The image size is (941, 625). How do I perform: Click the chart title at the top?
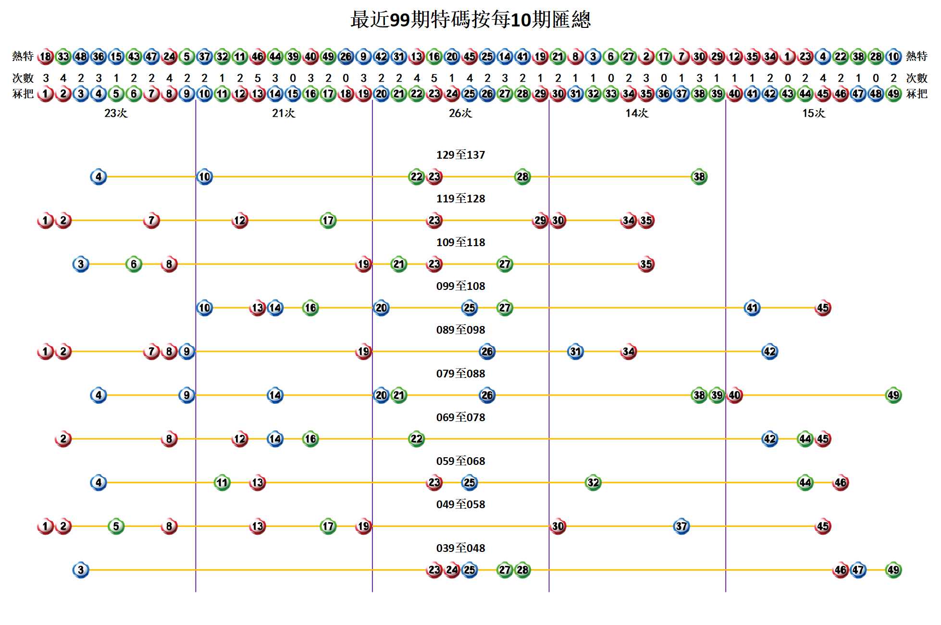[470, 20]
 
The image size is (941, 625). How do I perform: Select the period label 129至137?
[460, 155]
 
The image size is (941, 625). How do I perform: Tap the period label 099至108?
[460, 286]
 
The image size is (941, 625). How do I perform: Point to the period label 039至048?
[460, 548]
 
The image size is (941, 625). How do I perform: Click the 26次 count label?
[460, 113]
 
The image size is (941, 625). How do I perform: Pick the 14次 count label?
[637, 113]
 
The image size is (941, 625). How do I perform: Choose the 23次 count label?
[116, 113]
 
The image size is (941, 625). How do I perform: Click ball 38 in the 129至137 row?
[699, 177]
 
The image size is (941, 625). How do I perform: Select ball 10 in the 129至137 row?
[204, 177]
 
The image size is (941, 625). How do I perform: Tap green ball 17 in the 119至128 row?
[328, 221]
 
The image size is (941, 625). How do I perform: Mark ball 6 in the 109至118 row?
[134, 264]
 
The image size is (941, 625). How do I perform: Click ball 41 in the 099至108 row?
[752, 308]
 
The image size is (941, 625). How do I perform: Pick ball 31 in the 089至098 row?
[575, 351]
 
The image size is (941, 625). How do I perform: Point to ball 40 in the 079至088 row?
[734, 395]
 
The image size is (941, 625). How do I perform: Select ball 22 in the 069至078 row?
[416, 439]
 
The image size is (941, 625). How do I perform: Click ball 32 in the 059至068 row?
[593, 483]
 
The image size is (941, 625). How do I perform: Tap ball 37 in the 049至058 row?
[681, 526]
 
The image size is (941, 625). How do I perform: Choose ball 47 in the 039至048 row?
[858, 570]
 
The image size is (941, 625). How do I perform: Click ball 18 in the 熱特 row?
[45, 57]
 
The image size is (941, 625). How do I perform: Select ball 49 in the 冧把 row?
[893, 94]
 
